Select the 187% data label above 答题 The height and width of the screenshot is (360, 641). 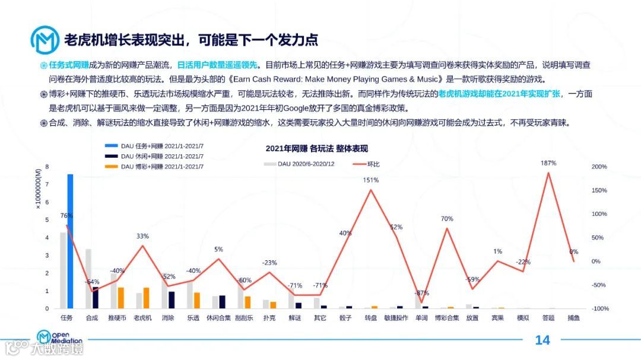548,163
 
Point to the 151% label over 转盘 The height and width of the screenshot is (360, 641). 371,180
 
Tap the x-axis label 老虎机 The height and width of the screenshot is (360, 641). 142,318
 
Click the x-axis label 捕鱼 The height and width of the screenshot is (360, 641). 574,318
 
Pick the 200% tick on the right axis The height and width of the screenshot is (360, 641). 599,167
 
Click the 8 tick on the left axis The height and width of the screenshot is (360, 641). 47,167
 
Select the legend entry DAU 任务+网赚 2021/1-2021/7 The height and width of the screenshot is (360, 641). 154,145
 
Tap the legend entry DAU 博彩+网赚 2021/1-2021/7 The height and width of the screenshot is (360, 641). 154,167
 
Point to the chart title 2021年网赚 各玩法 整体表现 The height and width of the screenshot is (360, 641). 317,148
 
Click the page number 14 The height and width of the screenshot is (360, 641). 542,340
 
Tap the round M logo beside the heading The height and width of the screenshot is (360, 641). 45,39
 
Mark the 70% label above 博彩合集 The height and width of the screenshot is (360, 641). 447,219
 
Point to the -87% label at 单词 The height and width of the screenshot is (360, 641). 422,293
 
